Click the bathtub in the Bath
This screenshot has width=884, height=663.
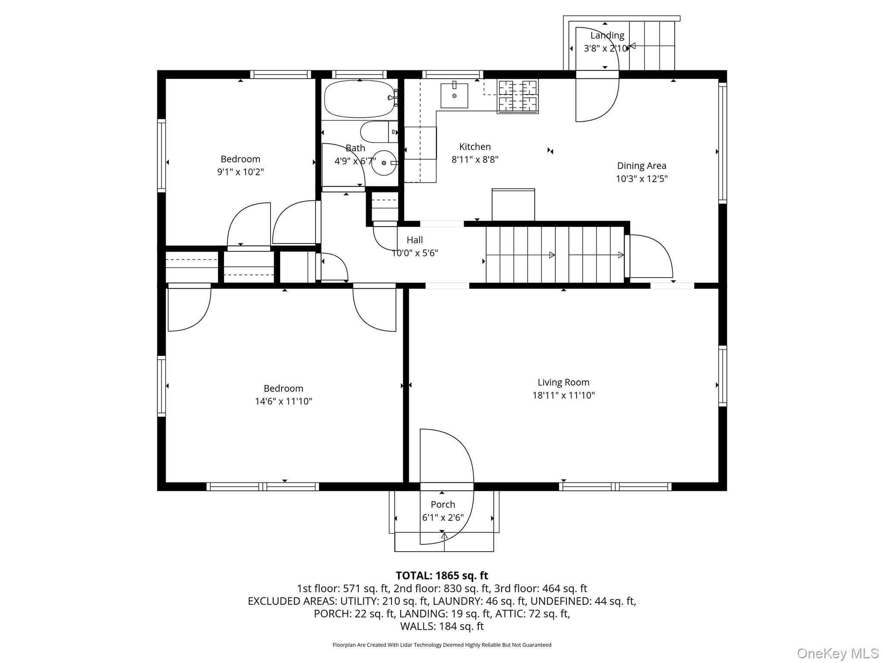(360, 99)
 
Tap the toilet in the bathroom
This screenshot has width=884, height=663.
(379, 132)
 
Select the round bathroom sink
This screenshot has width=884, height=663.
(384, 163)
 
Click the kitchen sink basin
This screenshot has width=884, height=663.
(454, 95)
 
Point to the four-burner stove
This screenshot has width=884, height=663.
(518, 96)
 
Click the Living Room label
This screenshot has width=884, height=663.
(563, 382)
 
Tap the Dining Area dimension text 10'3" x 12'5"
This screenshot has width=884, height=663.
(641, 179)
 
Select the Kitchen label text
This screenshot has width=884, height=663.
(475, 147)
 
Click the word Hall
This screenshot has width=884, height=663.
(415, 240)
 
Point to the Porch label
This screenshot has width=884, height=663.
(443, 504)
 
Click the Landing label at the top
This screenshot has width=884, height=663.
(607, 35)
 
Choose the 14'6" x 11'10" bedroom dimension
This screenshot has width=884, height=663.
(284, 401)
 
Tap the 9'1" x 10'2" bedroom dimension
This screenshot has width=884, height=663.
(240, 172)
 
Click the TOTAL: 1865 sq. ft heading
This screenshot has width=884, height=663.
(442, 575)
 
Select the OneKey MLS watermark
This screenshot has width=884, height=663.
(838, 654)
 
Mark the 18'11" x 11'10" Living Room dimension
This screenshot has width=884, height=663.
(563, 395)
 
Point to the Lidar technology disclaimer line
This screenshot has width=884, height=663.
(442, 645)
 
